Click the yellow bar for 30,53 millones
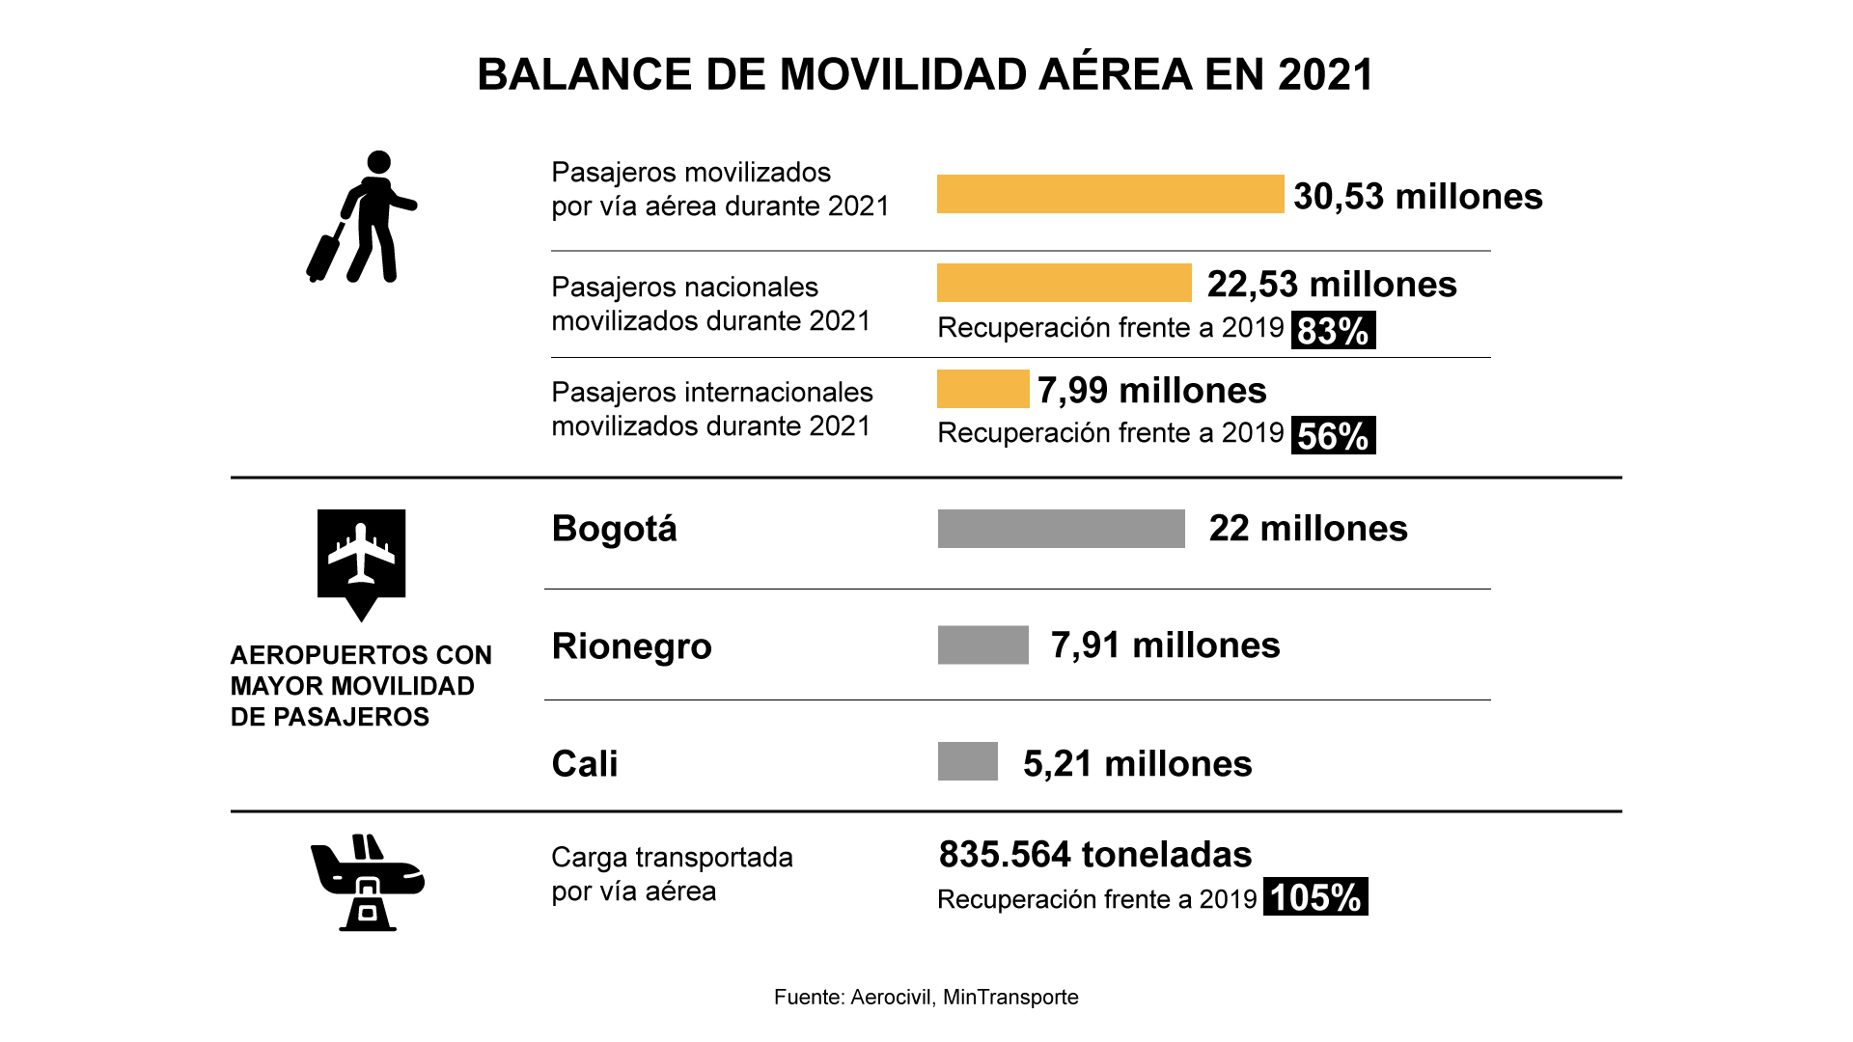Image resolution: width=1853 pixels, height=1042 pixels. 1110,194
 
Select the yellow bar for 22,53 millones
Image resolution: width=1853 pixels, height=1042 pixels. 1064,283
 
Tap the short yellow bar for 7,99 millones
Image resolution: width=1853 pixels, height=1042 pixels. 982,389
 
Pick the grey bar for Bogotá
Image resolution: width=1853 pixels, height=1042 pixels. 1061,529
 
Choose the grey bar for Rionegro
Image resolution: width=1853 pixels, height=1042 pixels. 982,645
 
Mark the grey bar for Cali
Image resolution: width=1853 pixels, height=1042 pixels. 967,761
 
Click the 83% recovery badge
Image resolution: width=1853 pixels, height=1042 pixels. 1333,330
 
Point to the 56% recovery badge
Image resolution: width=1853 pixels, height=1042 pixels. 1333,435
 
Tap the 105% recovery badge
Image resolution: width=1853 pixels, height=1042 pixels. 1314,897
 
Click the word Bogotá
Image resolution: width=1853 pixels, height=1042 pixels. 614,529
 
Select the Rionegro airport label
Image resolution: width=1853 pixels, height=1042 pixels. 631,646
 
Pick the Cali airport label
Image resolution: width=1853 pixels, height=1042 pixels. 585,763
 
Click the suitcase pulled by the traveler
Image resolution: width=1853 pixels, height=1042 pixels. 324,254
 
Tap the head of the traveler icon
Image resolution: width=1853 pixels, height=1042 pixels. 379,162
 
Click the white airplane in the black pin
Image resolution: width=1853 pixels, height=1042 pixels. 361,554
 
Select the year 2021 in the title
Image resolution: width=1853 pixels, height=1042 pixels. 1325,75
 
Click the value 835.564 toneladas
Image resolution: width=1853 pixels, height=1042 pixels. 1094,855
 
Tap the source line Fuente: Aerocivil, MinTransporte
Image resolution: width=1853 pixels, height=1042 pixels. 926,998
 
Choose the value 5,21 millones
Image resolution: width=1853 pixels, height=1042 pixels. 1137,764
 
